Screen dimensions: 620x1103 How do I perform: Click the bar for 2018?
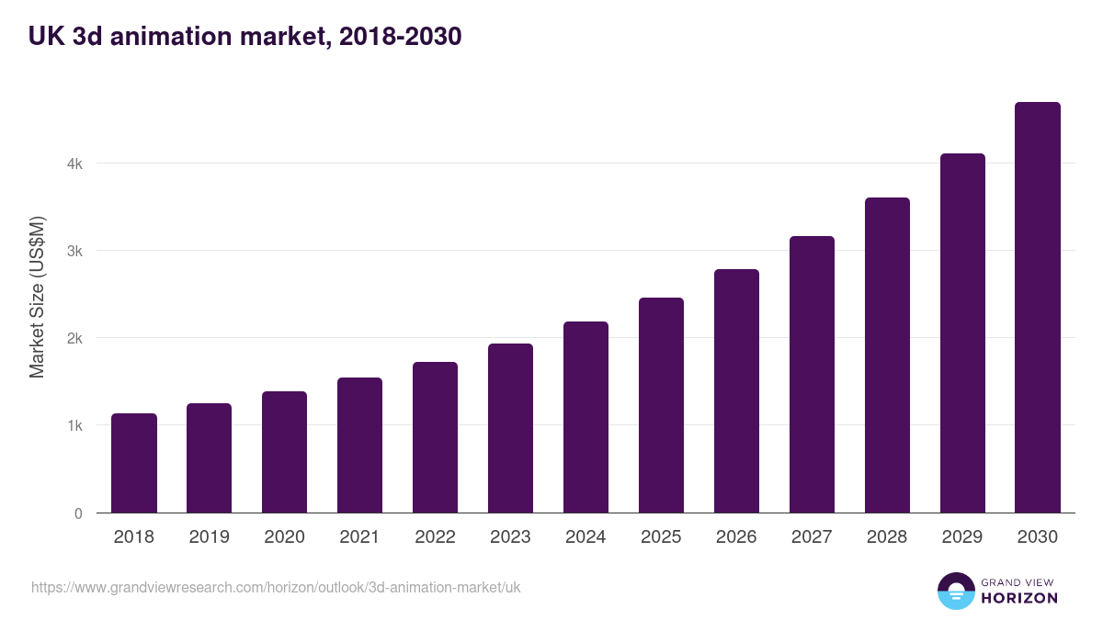coord(134,463)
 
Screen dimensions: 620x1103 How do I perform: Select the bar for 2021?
coord(359,445)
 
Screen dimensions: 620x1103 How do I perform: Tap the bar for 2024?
coord(586,417)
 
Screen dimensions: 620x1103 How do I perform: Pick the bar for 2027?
coord(812,375)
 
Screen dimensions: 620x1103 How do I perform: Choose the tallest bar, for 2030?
coord(1038,308)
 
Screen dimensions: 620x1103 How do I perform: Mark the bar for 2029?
coord(962,333)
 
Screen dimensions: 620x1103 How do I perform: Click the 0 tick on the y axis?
coord(78,513)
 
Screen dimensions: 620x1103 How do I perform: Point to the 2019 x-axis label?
coord(210,537)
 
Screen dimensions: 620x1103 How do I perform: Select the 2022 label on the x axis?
coord(435,537)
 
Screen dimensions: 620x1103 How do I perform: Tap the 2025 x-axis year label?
coord(661,537)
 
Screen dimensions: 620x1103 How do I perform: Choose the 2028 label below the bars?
coord(887,537)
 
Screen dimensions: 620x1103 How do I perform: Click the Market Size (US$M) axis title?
coord(37,298)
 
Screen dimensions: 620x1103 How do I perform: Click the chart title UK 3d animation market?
coord(244,37)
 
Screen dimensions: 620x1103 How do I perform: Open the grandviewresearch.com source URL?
coord(276,587)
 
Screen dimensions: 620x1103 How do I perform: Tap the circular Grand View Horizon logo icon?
coord(955,591)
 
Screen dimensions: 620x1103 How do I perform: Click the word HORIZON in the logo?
coord(1019,598)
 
